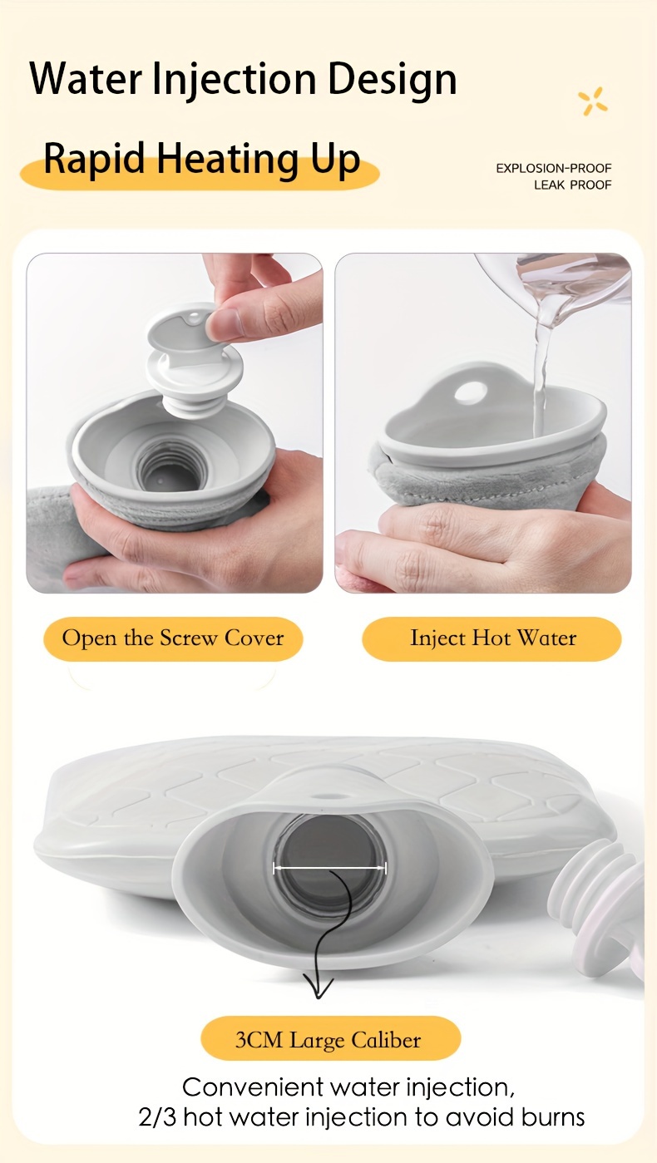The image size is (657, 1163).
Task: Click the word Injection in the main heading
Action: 235,79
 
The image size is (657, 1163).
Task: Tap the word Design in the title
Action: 393,80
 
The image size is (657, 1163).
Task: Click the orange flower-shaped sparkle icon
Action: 593,101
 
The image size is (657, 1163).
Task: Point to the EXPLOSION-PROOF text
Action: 554,168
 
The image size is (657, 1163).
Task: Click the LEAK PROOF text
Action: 573,185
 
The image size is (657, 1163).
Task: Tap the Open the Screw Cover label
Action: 173,638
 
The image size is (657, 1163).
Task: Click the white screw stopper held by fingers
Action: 193,365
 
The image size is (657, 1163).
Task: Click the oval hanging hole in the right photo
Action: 471,392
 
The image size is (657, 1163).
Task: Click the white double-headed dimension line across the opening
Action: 330,867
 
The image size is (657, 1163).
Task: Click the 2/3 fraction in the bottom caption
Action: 157,1117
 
